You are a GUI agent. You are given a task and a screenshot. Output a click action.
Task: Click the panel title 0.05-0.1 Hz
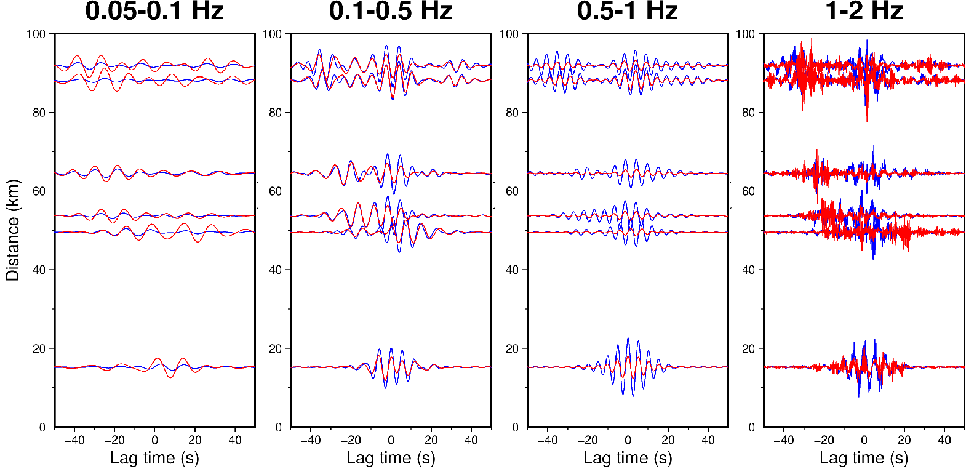pyautogui.click(x=154, y=11)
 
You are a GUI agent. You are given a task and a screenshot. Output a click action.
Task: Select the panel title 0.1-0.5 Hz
pyautogui.click(x=391, y=11)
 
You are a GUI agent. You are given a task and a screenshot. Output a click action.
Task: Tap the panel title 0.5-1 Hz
pyautogui.click(x=628, y=11)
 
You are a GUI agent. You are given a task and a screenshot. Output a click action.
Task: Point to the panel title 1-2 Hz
pyautogui.click(x=864, y=11)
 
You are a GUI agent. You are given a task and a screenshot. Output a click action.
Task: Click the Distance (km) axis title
pyautogui.click(x=13, y=230)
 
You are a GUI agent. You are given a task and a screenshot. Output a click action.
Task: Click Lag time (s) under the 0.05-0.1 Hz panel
pyautogui.click(x=154, y=458)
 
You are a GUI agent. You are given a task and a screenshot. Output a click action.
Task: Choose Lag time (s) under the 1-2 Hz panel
pyautogui.click(x=864, y=458)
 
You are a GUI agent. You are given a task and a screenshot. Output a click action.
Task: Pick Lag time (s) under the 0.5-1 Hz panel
pyautogui.click(x=628, y=458)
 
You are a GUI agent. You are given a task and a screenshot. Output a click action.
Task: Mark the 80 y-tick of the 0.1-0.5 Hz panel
pyautogui.click(x=275, y=113)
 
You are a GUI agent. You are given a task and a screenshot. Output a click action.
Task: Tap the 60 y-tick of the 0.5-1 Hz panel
pyautogui.click(x=512, y=191)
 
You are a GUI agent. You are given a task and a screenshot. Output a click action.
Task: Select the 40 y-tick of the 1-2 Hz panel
pyautogui.click(x=748, y=270)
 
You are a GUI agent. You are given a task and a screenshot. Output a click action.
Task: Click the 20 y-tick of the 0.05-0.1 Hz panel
pyautogui.click(x=39, y=349)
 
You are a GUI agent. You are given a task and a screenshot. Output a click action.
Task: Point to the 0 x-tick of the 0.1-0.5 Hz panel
pyautogui.click(x=391, y=440)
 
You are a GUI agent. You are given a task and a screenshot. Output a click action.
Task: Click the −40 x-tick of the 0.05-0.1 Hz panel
pyautogui.click(x=74, y=440)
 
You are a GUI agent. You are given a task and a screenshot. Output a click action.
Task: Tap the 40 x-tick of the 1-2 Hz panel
pyautogui.click(x=944, y=440)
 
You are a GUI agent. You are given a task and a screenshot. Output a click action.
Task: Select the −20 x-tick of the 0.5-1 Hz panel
pyautogui.click(x=587, y=440)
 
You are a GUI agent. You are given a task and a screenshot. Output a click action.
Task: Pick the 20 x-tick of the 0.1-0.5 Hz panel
pyautogui.click(x=431, y=440)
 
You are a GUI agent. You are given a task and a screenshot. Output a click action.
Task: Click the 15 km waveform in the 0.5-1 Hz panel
pyautogui.click(x=628, y=367)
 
